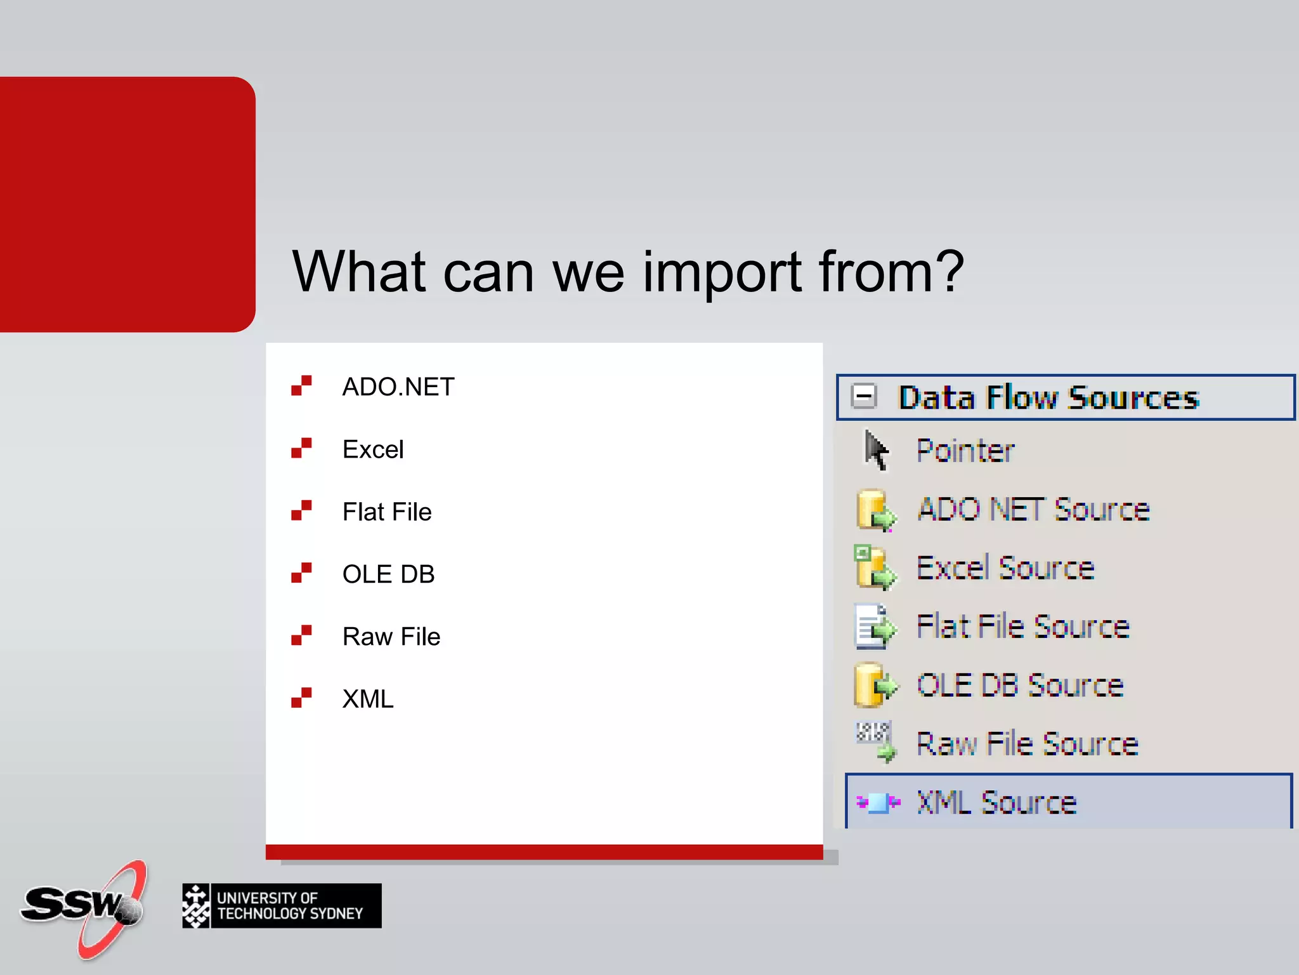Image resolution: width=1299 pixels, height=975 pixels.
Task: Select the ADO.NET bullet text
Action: coord(398,387)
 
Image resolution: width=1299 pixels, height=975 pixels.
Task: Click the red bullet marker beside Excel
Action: coord(301,448)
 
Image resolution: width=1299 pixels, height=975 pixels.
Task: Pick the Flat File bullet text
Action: coord(387,512)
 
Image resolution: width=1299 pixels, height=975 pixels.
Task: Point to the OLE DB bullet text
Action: coord(388,574)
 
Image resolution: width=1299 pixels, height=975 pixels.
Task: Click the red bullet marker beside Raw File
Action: coord(301,635)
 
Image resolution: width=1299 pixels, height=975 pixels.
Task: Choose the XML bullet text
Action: coord(368,700)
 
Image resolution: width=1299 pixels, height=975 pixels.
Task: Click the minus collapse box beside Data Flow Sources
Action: coord(864,397)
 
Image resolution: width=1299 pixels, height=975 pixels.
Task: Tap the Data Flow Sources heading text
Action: coord(1048,398)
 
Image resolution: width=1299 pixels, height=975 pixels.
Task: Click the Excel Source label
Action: coord(1005,568)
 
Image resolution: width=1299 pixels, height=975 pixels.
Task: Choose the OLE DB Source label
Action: coord(1020,686)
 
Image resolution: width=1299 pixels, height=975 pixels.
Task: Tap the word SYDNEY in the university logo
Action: coord(336,914)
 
